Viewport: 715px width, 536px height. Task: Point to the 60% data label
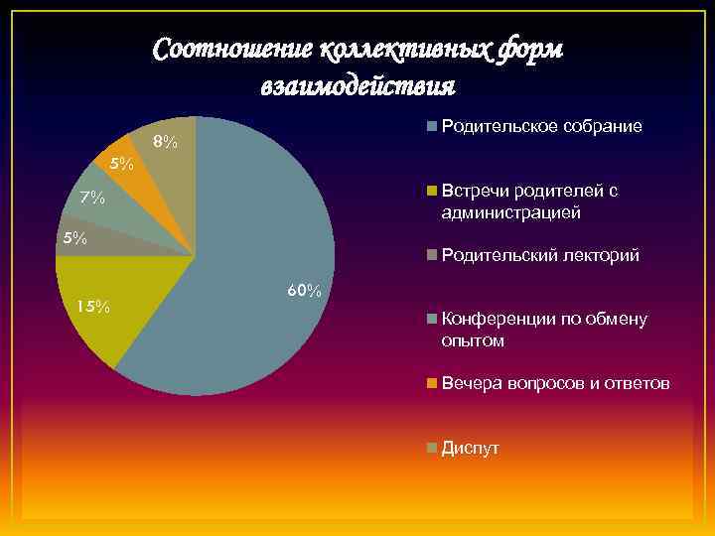pyautogui.click(x=304, y=291)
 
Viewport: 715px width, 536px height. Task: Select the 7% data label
pyautogui.click(x=92, y=198)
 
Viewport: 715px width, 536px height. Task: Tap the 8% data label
pyautogui.click(x=165, y=143)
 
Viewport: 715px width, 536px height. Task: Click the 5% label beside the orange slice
pyautogui.click(x=121, y=163)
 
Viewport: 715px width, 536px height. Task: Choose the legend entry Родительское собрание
pyautogui.click(x=541, y=127)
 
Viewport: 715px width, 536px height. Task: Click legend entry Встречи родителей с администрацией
pyautogui.click(x=530, y=201)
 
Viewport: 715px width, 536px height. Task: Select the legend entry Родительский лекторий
pyautogui.click(x=540, y=256)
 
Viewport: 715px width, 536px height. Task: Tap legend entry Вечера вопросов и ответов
pyautogui.click(x=555, y=383)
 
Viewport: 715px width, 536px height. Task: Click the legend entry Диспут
pyautogui.click(x=471, y=448)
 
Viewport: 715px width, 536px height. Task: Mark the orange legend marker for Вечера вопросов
pyautogui.click(x=432, y=383)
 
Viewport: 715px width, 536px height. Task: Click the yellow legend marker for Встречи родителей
pyautogui.click(x=432, y=191)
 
